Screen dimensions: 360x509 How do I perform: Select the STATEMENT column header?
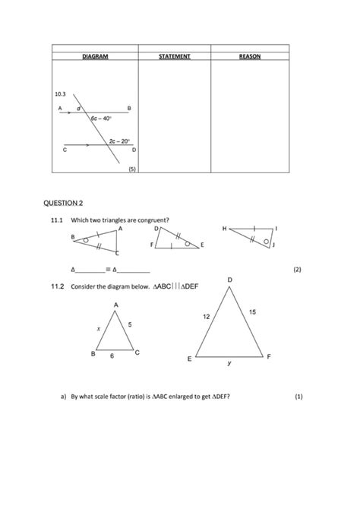(174, 56)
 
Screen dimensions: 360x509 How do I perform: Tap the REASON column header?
(249, 56)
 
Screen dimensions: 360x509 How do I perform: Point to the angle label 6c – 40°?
(101, 119)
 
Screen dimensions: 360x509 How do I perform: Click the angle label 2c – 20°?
(119, 141)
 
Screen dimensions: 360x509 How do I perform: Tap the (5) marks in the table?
(131, 170)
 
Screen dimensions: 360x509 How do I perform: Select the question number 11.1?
(55, 221)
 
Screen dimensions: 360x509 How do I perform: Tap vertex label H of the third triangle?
(224, 228)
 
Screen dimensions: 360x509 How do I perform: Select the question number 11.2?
(55, 288)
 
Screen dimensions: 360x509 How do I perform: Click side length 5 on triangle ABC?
(130, 325)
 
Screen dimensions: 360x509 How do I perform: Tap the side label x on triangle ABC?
(99, 329)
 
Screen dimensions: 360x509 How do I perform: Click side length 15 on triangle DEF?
(252, 311)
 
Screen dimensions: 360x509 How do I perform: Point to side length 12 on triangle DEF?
(205, 316)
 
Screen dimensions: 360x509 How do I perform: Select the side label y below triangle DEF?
(229, 364)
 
